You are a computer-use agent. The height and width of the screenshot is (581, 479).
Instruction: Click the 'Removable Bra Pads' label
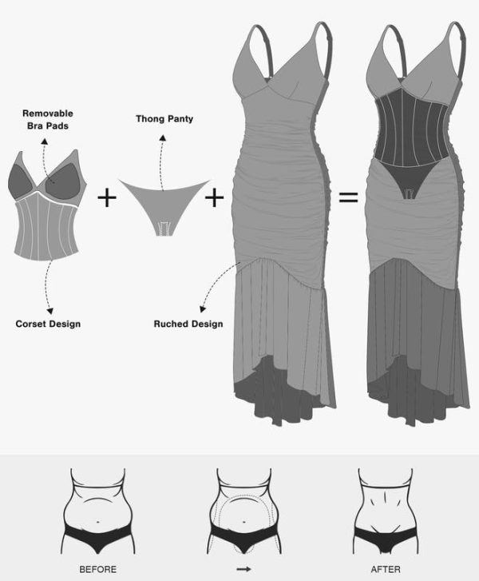tap(48, 119)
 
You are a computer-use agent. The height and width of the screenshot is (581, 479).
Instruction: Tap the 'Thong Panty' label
tap(164, 118)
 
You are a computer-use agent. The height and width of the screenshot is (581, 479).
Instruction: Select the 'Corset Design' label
tap(48, 324)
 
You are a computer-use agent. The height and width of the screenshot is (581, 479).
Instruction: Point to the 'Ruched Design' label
tap(188, 324)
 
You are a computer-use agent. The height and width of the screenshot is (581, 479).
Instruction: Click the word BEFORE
tap(97, 569)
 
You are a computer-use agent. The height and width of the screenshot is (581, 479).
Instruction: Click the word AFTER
tap(386, 569)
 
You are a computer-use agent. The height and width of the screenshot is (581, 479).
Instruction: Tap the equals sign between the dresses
tap(348, 197)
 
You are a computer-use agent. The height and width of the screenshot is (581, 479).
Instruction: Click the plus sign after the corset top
tap(107, 197)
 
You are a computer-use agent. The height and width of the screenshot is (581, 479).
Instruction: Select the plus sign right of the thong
tap(214, 197)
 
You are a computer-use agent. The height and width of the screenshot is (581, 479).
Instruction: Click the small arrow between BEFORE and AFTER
tap(243, 569)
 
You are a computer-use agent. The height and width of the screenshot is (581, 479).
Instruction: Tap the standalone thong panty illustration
tap(164, 204)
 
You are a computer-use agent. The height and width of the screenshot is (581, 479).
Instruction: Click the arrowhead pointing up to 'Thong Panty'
tap(163, 137)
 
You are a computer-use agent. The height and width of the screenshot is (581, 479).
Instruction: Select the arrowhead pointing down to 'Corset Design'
tap(49, 311)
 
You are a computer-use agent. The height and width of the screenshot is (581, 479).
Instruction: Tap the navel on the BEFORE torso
tap(97, 522)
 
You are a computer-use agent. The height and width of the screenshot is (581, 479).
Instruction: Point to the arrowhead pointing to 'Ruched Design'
tap(202, 308)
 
